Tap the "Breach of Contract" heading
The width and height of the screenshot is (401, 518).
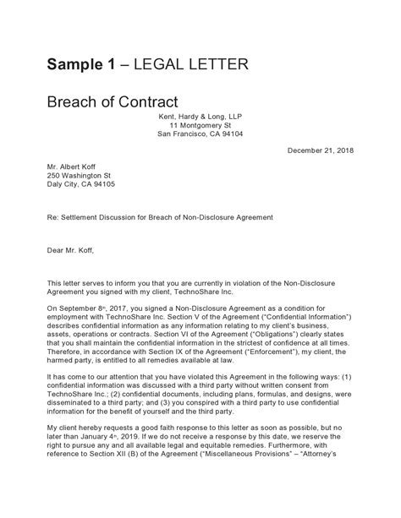[x=111, y=103]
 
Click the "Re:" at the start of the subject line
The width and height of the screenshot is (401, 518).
[x=52, y=217]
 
